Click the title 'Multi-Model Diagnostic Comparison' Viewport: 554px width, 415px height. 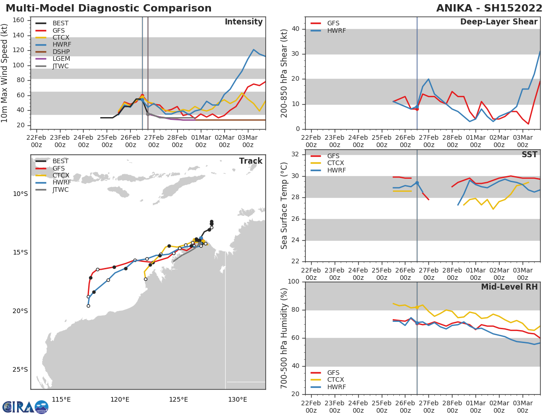[x=108, y=8]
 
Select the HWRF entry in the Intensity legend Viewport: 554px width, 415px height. [x=61, y=45]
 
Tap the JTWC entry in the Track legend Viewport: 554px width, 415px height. [x=60, y=190]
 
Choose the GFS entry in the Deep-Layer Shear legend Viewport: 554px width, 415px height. [x=333, y=24]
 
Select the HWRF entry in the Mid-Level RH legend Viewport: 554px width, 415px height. [x=336, y=387]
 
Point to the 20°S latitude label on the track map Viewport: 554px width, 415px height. [x=20, y=311]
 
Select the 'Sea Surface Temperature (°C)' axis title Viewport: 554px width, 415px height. [x=284, y=206]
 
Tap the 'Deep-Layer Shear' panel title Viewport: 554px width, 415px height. [x=499, y=22]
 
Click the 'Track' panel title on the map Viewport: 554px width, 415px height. [x=250, y=161]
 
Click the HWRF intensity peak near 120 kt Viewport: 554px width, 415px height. [x=253, y=49]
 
